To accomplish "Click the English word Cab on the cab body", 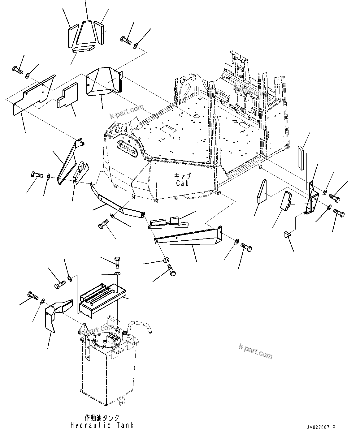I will tap(182, 183).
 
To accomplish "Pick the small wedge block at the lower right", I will tap(287, 234).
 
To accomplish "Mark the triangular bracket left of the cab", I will tap(69, 162).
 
